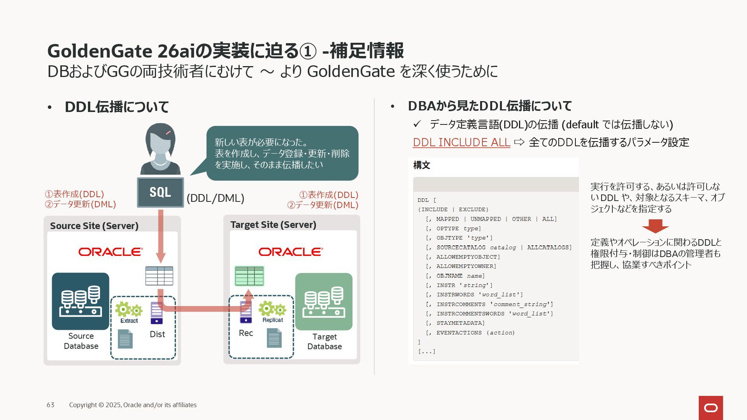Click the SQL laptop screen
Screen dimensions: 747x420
160,192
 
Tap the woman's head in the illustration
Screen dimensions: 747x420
160,140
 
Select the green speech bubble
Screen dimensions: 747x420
282,153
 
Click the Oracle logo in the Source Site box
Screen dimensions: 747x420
110,252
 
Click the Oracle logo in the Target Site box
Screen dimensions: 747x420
291,252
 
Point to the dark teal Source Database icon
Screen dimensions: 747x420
81,301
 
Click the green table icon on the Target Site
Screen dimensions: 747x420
249,276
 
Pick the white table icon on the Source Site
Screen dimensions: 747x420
159,276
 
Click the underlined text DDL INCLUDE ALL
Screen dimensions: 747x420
461,142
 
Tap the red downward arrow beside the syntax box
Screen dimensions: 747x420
655,226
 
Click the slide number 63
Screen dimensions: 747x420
51,405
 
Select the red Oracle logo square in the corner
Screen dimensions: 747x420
711,408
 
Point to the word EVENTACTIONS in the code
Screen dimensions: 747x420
459,333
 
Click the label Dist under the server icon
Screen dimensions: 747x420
157,334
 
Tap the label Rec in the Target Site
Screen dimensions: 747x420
246,333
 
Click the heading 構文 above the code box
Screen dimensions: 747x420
422,165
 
